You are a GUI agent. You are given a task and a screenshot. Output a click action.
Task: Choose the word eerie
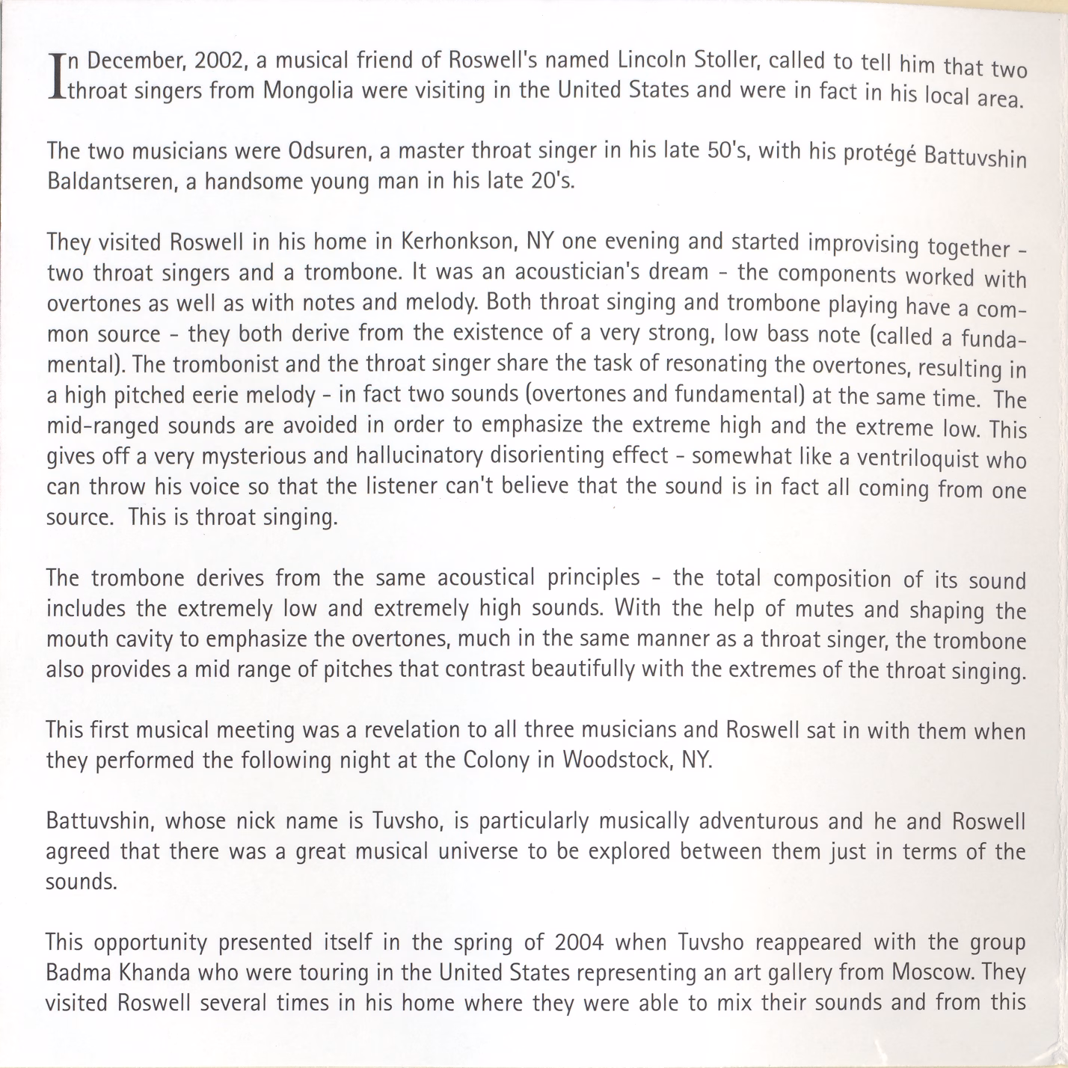pos(233,394)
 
